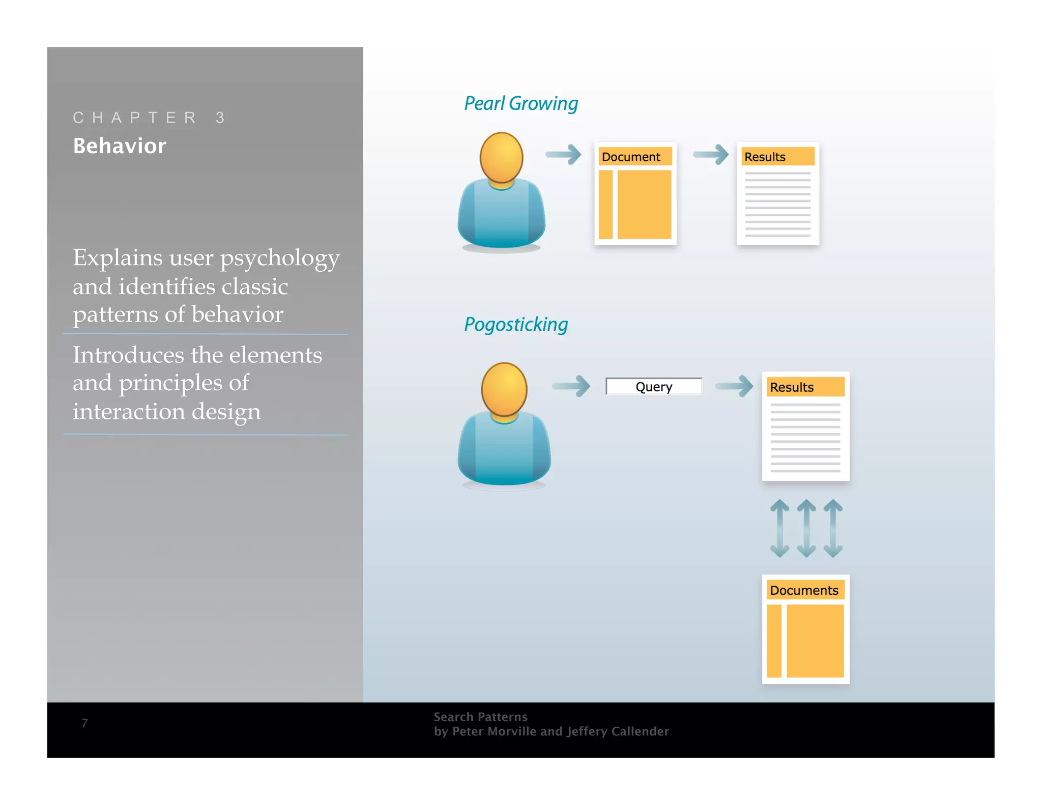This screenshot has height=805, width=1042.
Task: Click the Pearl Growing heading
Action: click(520, 103)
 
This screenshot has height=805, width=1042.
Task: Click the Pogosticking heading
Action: click(515, 325)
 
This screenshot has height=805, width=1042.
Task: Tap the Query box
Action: click(653, 387)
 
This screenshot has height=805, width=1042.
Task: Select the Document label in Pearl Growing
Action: click(631, 157)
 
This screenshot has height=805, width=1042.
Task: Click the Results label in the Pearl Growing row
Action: click(765, 157)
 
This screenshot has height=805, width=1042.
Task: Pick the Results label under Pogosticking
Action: click(792, 387)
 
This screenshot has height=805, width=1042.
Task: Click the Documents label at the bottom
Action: click(804, 590)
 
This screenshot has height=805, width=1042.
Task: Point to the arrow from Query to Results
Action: click(734, 386)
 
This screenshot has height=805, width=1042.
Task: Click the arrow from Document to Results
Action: click(711, 154)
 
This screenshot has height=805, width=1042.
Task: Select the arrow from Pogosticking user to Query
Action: click(571, 386)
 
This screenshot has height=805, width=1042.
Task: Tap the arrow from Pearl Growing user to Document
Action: click(563, 154)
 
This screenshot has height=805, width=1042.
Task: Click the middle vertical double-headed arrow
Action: click(806, 528)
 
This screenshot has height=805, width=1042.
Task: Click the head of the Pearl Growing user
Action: click(501, 157)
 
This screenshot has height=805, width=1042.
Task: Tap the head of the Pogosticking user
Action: click(504, 389)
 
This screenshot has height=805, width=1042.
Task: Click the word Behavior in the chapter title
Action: click(120, 146)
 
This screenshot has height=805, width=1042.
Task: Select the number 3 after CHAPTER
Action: click(220, 118)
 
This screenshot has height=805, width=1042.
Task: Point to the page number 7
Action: click(84, 723)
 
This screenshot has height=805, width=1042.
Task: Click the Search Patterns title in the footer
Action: click(480, 717)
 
